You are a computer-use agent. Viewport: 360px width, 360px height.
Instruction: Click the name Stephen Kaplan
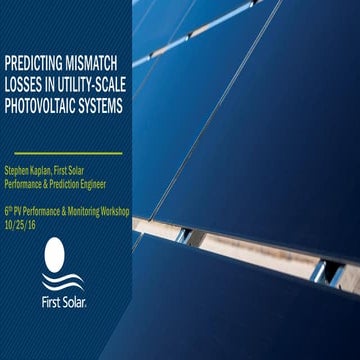(x=33, y=173)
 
